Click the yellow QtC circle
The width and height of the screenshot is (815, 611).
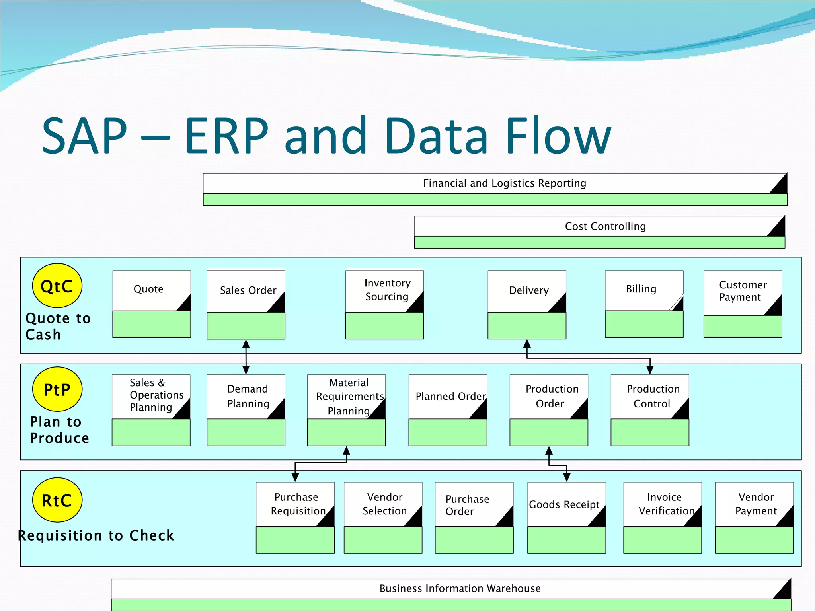pos(57,286)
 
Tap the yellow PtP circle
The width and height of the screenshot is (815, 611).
pos(57,389)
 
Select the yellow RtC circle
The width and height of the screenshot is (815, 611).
pos(57,500)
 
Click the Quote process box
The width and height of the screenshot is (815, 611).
pos(152,304)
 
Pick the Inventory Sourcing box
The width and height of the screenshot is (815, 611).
pos(384,305)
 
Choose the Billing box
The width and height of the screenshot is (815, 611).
pos(644,304)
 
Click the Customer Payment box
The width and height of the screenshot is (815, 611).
pos(743,304)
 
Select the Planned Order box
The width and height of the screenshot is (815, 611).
pos(448,410)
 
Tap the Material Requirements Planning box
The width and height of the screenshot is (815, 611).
pos(346,410)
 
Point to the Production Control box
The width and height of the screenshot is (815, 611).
pos(650,410)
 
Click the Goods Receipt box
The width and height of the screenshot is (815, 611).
pos(566,517)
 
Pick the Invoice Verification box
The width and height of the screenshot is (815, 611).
pos(662,517)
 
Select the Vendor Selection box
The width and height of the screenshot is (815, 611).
pos(383,517)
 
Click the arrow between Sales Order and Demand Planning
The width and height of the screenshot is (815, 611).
pos(246,357)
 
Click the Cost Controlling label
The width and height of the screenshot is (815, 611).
pos(605,226)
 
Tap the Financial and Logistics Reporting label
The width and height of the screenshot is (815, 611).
pos(504,183)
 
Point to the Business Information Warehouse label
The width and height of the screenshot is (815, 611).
pos(460,588)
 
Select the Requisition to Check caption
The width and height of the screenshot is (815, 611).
pos(96,535)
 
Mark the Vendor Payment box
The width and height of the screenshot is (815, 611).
pos(754,517)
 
